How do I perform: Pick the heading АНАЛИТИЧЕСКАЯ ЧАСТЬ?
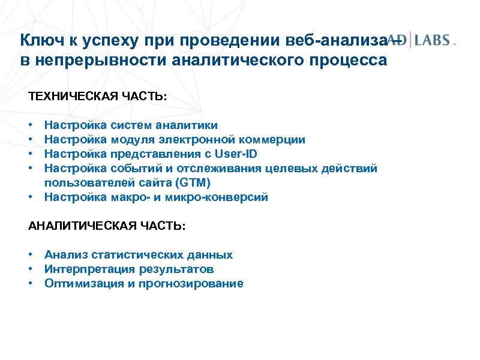(107, 226)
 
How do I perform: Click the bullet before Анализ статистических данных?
(30, 255)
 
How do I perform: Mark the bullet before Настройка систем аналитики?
(30, 125)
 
